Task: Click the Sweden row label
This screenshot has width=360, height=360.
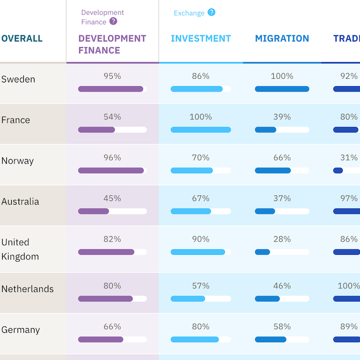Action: [x=18, y=79]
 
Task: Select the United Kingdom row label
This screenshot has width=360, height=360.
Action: [x=20, y=249]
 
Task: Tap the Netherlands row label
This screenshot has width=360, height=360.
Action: [x=27, y=289]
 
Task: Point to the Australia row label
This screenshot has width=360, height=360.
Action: [x=20, y=202]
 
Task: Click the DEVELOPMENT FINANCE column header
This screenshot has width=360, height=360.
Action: [x=112, y=44]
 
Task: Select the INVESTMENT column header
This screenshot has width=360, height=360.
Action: [x=200, y=38]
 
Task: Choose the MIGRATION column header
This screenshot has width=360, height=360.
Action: [x=282, y=38]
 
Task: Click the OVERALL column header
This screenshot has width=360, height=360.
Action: [x=22, y=38]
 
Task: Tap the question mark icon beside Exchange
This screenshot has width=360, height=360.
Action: [x=212, y=12]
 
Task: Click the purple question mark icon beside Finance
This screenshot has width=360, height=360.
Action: [x=113, y=22]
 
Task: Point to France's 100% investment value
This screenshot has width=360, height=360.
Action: [x=200, y=117]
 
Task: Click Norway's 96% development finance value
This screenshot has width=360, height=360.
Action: [x=112, y=158]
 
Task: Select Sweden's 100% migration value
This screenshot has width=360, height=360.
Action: [x=282, y=76]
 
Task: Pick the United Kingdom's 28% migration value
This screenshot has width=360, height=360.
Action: [x=282, y=239]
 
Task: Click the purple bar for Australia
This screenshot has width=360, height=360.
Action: [x=94, y=211]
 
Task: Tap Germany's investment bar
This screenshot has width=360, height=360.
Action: [x=195, y=339]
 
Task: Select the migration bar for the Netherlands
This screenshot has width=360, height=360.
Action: [x=267, y=299]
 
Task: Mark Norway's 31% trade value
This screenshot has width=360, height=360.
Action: [x=349, y=158]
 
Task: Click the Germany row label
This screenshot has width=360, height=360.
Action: [x=20, y=330]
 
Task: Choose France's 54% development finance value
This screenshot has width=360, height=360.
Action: [x=112, y=117]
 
